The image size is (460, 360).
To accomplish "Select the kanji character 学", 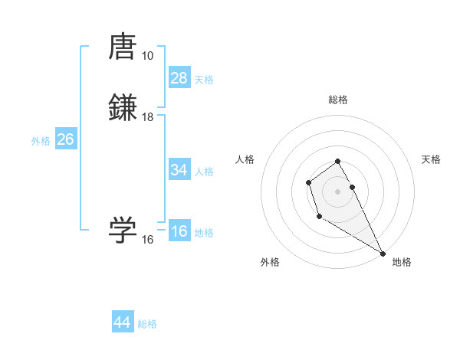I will click(x=123, y=229).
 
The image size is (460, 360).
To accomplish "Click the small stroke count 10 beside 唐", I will click(x=147, y=56).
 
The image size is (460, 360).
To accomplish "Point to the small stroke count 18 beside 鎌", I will click(x=147, y=117).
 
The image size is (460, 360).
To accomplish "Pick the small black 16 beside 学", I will click(x=147, y=240).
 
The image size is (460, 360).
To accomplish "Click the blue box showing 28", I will click(x=179, y=78).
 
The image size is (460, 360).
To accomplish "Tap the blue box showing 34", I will click(x=179, y=170).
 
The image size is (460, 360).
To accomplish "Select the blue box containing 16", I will click(x=179, y=231).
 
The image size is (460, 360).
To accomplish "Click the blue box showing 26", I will click(x=66, y=139).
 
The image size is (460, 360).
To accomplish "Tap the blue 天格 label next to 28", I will click(x=204, y=80).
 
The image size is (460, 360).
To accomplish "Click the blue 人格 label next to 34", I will click(x=204, y=172).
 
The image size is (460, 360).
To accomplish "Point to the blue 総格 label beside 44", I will click(x=147, y=324).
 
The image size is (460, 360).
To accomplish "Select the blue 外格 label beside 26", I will click(x=41, y=141).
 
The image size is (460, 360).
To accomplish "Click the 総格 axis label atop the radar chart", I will click(x=337, y=100).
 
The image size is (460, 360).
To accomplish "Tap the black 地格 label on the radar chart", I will click(x=402, y=262).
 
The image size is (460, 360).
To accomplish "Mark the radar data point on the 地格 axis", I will click(x=383, y=253).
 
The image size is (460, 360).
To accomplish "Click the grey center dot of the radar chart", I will click(x=337, y=191).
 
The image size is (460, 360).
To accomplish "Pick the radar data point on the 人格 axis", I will click(x=308, y=182).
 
